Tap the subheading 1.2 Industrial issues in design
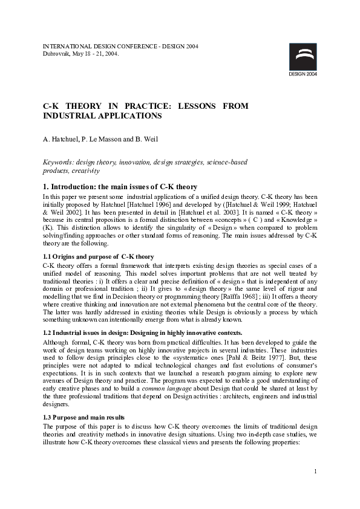pos(142,333)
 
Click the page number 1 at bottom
pos(316,471)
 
